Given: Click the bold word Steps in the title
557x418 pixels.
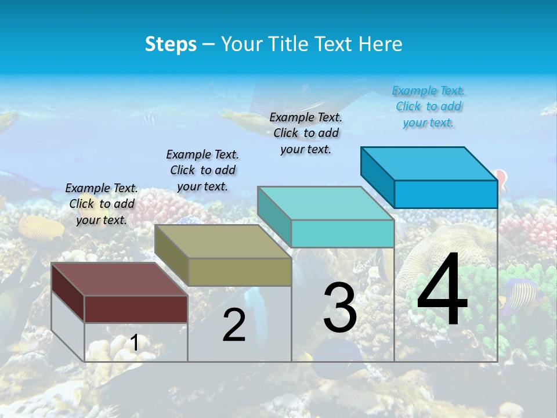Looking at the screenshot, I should [x=171, y=44].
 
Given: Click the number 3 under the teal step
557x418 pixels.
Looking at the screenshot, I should [x=340, y=308].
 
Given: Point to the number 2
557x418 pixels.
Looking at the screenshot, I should [x=234, y=325].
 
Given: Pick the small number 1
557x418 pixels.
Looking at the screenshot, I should [x=135, y=343].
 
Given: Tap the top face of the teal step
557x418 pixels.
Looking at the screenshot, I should [x=325, y=203].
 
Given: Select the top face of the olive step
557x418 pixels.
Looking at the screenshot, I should [x=223, y=242].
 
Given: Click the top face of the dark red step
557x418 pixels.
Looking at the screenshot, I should [x=119, y=279].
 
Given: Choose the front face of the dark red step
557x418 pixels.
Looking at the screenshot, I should [x=136, y=309].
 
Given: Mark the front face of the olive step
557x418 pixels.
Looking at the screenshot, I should [x=240, y=272].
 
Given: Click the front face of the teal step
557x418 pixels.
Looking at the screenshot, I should [x=342, y=234].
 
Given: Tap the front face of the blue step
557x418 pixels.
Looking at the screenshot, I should [x=446, y=194].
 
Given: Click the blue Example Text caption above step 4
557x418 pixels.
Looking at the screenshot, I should [x=428, y=107].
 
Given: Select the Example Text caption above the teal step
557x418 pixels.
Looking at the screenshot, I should [x=306, y=133].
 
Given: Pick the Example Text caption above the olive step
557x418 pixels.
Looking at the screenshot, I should [x=202, y=170].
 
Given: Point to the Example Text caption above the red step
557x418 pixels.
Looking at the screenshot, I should [x=102, y=204].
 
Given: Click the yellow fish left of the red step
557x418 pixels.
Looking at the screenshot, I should [x=41, y=226].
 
